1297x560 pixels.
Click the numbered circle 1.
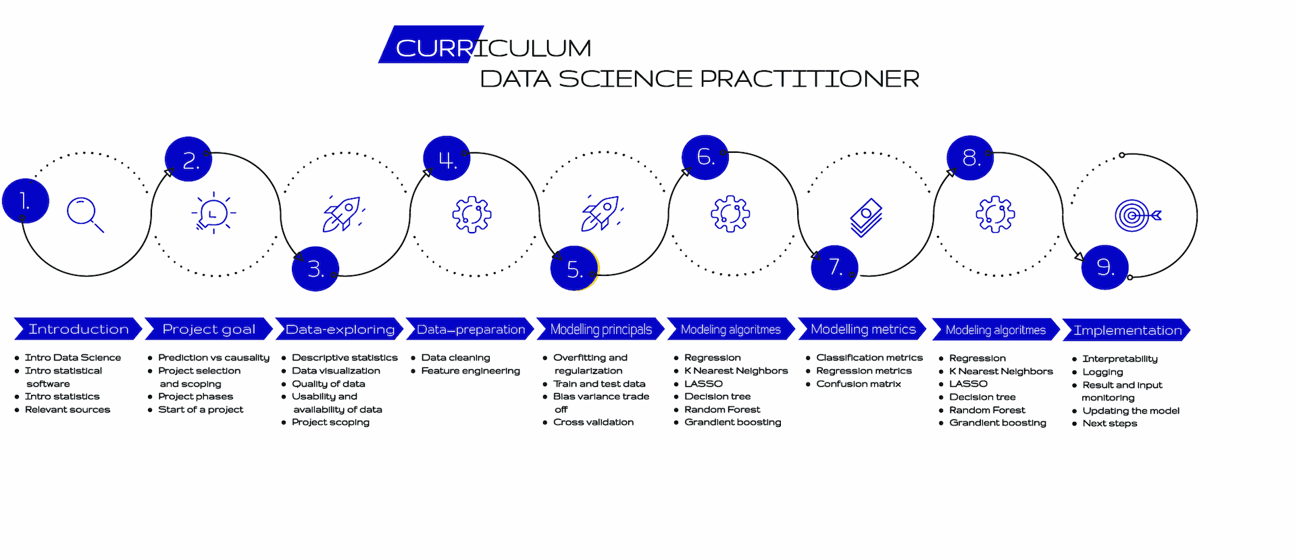(x=26, y=201)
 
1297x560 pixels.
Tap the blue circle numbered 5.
(x=574, y=269)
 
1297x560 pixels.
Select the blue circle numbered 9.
(x=1104, y=267)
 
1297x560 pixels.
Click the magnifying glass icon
(x=84, y=214)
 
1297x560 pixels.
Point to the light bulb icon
(x=213, y=213)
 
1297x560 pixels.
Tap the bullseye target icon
(x=1137, y=216)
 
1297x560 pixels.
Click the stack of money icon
(x=866, y=217)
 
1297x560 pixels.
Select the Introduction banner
(x=78, y=329)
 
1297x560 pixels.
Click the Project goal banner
(x=209, y=329)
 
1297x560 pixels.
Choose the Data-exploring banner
(x=340, y=329)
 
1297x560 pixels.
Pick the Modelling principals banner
(x=601, y=329)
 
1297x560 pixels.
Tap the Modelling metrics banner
(x=863, y=329)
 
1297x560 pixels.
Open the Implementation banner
(x=1127, y=330)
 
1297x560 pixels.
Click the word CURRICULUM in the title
(x=493, y=48)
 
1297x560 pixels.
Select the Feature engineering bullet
(x=470, y=371)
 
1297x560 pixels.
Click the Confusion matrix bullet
(x=858, y=383)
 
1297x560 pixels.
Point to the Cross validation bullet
(x=593, y=422)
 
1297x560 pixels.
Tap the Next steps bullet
(x=1109, y=423)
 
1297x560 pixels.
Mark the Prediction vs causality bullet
(x=213, y=358)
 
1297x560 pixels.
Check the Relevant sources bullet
(x=67, y=409)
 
